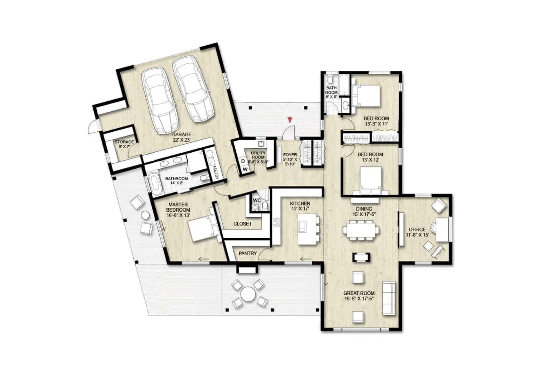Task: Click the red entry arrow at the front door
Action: tap(290, 120)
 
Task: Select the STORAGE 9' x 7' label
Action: tap(124, 144)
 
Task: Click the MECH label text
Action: tap(216, 172)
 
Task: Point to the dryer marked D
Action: tap(243, 161)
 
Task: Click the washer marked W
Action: tap(245, 169)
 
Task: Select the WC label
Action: tap(257, 200)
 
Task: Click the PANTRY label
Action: tap(247, 253)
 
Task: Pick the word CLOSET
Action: tap(242, 224)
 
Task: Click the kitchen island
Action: tap(307, 229)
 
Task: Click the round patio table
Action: tap(248, 294)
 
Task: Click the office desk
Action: tap(443, 229)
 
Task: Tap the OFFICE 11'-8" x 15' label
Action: tap(417, 232)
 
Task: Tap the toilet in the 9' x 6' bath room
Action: tap(330, 78)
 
